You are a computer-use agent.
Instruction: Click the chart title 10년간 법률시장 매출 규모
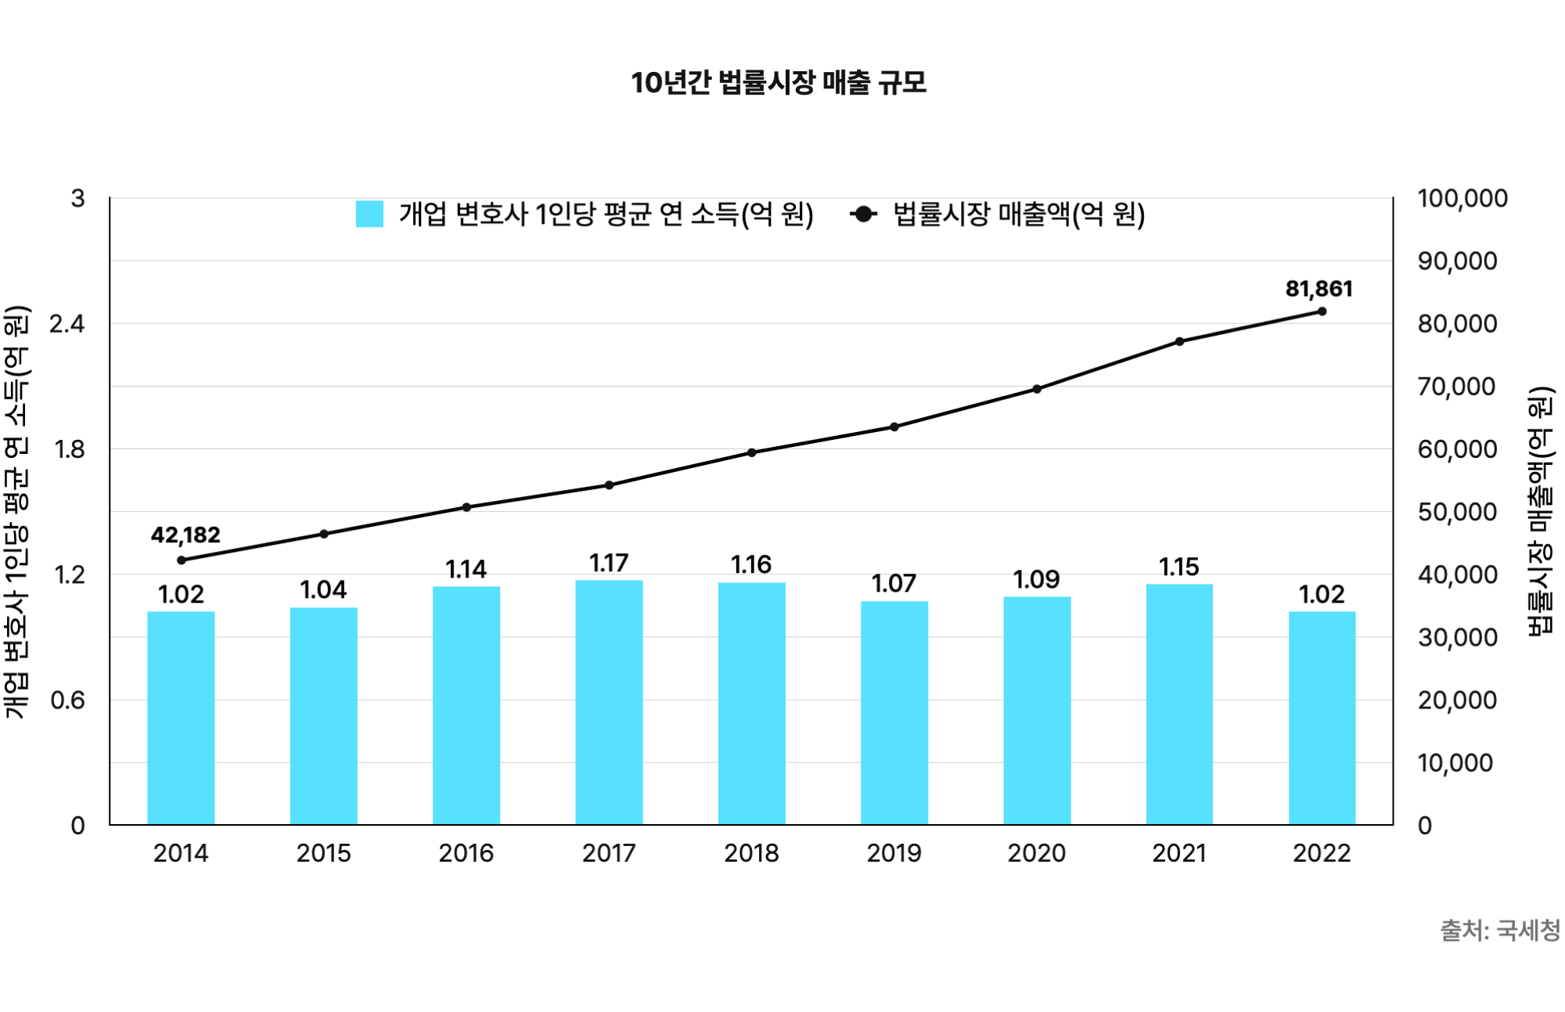(779, 82)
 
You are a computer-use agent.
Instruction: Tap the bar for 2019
(894, 712)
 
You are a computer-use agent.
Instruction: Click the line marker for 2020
(1037, 389)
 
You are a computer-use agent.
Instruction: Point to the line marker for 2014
(182, 560)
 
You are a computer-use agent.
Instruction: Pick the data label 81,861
(1319, 289)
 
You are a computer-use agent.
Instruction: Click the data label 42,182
(185, 535)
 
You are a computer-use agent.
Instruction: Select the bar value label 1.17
(609, 563)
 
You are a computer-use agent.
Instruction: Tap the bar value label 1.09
(1036, 579)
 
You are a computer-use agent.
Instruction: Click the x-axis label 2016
(466, 852)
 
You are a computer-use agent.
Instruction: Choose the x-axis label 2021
(1179, 852)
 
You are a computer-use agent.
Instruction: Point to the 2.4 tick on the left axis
(67, 323)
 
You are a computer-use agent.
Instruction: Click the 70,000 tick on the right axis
(1457, 386)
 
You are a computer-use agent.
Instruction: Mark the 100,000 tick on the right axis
(1462, 198)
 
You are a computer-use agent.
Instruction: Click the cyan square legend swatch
(369, 214)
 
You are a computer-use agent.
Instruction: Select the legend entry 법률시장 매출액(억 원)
(1018, 214)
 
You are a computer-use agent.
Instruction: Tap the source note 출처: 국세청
(1499, 930)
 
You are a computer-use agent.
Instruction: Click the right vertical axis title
(1539, 511)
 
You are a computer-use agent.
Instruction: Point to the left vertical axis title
(17, 511)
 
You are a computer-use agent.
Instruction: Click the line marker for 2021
(1179, 342)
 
